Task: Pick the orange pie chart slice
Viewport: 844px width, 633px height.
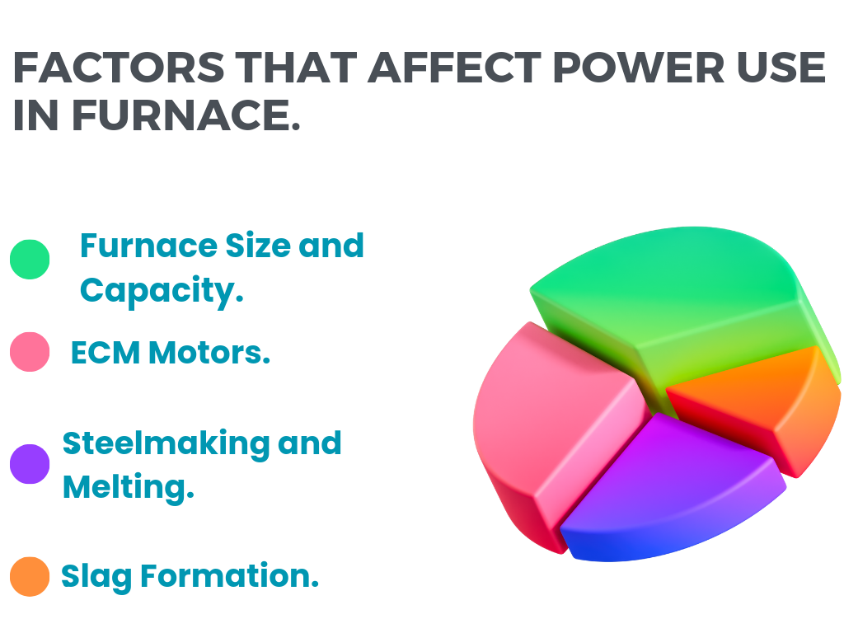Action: tap(758, 396)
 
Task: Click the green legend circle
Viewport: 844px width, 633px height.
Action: tap(30, 260)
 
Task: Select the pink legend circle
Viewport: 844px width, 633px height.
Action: tap(30, 352)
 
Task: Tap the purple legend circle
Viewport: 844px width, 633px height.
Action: tap(30, 464)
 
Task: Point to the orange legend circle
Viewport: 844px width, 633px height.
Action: tap(30, 576)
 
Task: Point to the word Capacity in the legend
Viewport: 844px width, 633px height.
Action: tap(162, 290)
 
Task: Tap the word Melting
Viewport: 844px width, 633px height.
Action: tap(128, 487)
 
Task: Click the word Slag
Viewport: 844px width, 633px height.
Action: tap(96, 576)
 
